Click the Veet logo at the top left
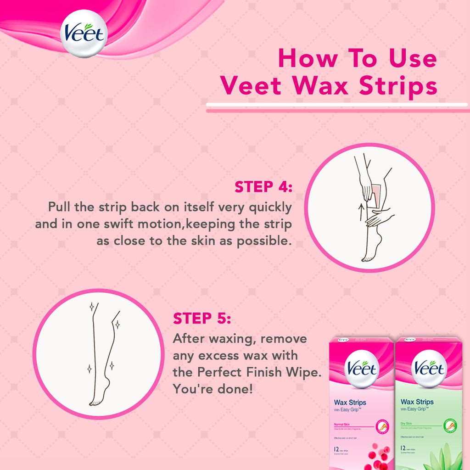click(84, 33)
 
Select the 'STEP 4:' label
click(263, 187)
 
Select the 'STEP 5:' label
click(202, 318)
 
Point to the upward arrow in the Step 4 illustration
click(361, 212)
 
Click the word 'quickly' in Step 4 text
click(269, 207)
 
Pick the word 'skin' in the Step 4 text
click(209, 241)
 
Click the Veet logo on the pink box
click(362, 369)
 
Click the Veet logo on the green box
click(429, 369)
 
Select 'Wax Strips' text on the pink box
click(350, 402)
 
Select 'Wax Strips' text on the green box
click(417, 402)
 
